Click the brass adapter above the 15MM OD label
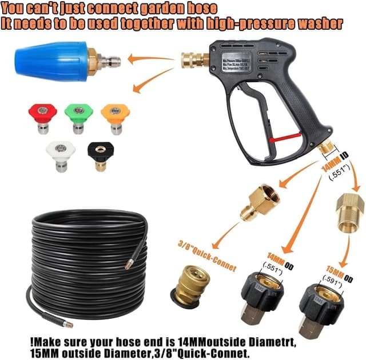click(x=350, y=211)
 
